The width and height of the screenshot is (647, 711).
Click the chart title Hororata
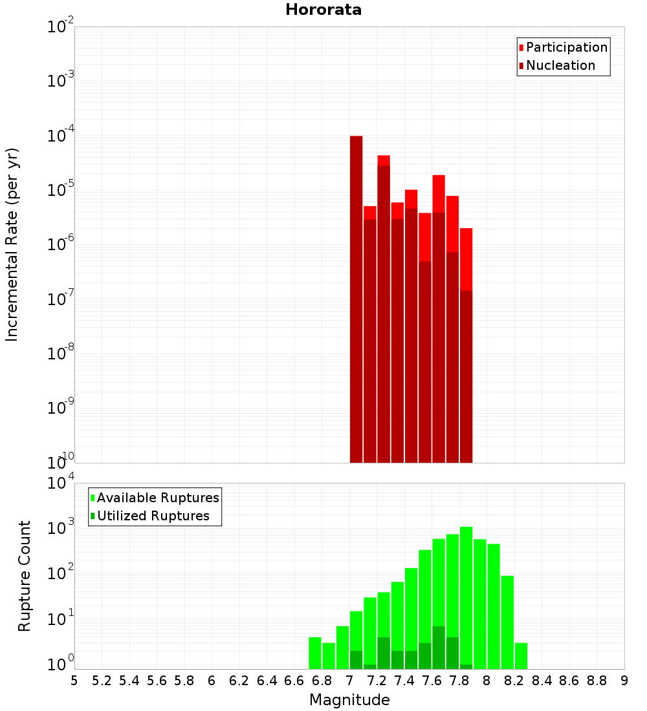323,10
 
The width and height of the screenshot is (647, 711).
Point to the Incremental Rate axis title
12,244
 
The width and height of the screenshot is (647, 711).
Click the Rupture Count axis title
25,575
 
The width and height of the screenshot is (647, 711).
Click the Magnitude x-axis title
349,700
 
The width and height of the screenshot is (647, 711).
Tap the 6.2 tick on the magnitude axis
239,681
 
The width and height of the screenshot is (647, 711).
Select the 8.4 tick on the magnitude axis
542,681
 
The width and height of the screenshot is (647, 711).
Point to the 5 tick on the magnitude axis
74,681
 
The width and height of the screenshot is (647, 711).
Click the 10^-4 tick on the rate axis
60,136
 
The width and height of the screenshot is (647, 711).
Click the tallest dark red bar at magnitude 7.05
356,297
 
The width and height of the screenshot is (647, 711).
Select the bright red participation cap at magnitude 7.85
466,259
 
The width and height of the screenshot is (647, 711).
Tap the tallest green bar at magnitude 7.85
466,595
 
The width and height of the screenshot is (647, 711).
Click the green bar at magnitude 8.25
521,655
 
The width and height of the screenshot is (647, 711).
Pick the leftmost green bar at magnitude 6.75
315,653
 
